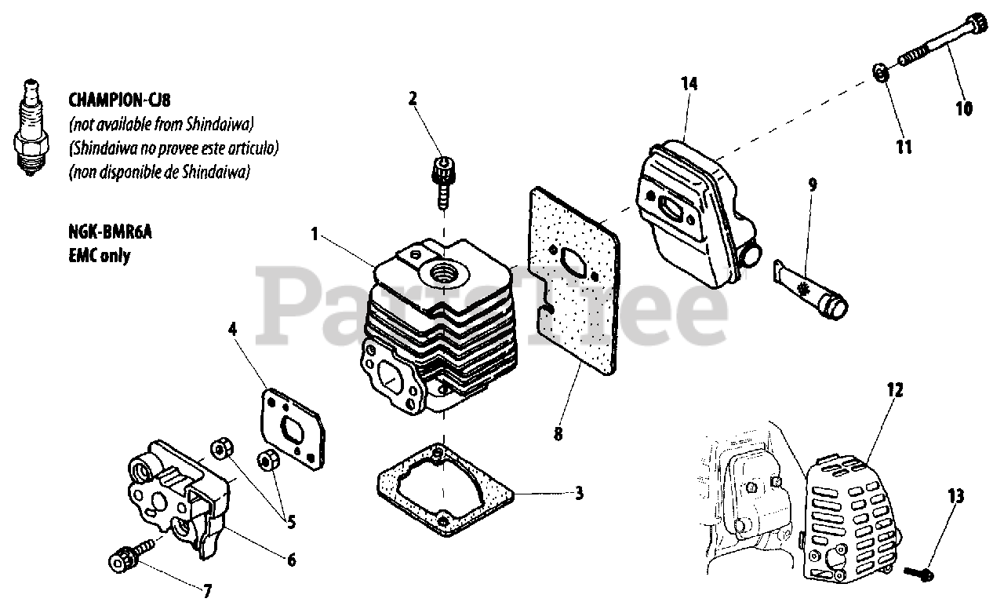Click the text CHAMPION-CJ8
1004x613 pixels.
coord(118,100)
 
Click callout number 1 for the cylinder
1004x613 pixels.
coord(315,233)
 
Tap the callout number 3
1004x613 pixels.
coord(578,494)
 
